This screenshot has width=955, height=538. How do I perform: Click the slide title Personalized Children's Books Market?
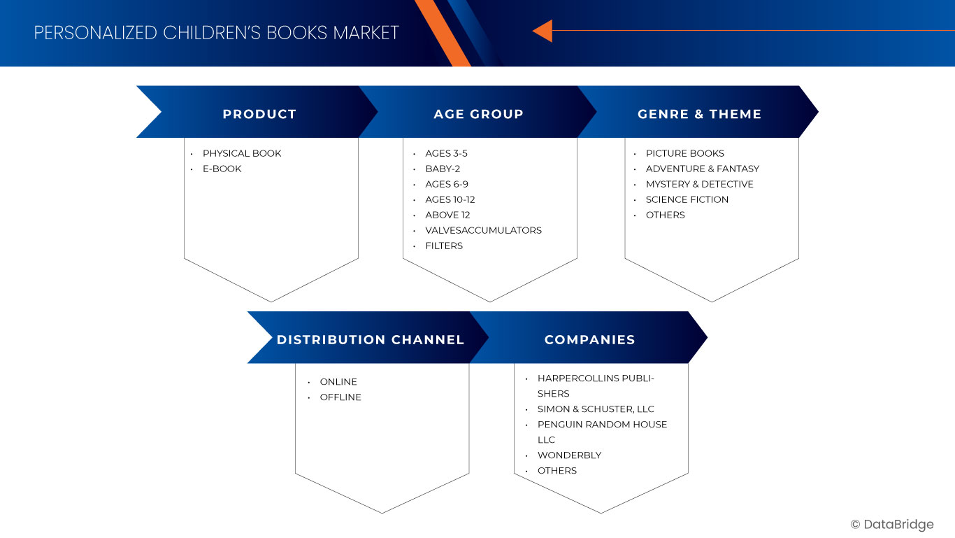click(216, 33)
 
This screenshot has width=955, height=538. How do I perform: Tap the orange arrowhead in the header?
click(543, 31)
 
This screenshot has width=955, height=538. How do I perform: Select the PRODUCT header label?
click(259, 114)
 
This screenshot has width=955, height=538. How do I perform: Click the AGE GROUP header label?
click(478, 114)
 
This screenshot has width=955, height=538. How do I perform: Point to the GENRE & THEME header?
click(700, 114)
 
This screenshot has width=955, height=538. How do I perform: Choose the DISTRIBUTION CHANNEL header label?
click(371, 339)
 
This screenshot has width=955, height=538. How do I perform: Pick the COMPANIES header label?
click(589, 339)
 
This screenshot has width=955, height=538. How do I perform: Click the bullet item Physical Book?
click(242, 153)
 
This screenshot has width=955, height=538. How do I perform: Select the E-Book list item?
click(222, 169)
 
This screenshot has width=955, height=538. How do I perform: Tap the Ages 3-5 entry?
click(446, 153)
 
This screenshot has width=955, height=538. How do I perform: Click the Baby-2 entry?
click(443, 169)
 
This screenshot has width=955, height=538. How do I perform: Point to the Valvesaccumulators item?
click(484, 230)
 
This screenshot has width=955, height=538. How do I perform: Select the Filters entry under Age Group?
click(444, 246)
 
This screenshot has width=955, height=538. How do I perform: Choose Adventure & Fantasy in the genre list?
click(703, 169)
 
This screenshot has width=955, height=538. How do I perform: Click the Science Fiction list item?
click(687, 199)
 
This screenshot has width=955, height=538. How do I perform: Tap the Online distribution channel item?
click(338, 381)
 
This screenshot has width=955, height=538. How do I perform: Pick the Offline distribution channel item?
click(340, 397)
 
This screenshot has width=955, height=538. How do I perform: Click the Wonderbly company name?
click(569, 455)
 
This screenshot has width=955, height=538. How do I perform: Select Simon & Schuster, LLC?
click(596, 409)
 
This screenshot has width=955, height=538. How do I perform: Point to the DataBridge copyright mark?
click(892, 524)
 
